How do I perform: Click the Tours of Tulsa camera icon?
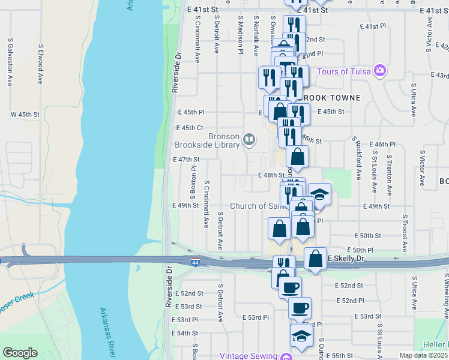click(379, 71)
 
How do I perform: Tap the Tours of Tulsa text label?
click(341, 71)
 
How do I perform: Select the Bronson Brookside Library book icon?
click(249, 140)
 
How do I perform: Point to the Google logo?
click(20, 353)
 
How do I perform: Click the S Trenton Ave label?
click(389, 174)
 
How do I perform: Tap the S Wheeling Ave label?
click(445, 300)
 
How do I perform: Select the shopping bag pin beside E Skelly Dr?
click(315, 259)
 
